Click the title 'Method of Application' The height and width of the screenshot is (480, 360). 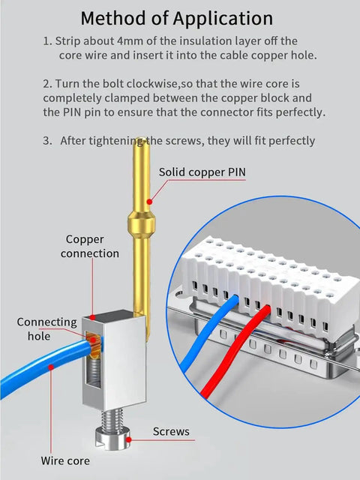[x=177, y=19]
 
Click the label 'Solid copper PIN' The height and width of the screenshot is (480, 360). [x=202, y=172]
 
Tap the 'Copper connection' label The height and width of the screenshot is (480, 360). [x=89, y=247]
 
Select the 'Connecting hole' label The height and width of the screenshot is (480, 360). [x=46, y=329]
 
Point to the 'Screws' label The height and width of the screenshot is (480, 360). [x=171, y=432]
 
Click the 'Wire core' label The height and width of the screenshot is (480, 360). [x=65, y=460]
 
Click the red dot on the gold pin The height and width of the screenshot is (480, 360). [x=149, y=202]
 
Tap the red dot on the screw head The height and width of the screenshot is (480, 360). [x=129, y=440]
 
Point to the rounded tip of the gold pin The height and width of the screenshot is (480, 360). [x=141, y=142]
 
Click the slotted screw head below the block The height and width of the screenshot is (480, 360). [x=113, y=439]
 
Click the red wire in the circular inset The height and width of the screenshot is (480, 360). [x=235, y=352]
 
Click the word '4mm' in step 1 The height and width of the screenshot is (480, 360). [x=130, y=41]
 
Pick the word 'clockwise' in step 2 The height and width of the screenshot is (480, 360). [x=152, y=84]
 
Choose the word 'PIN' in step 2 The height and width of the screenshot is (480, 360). [x=72, y=112]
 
